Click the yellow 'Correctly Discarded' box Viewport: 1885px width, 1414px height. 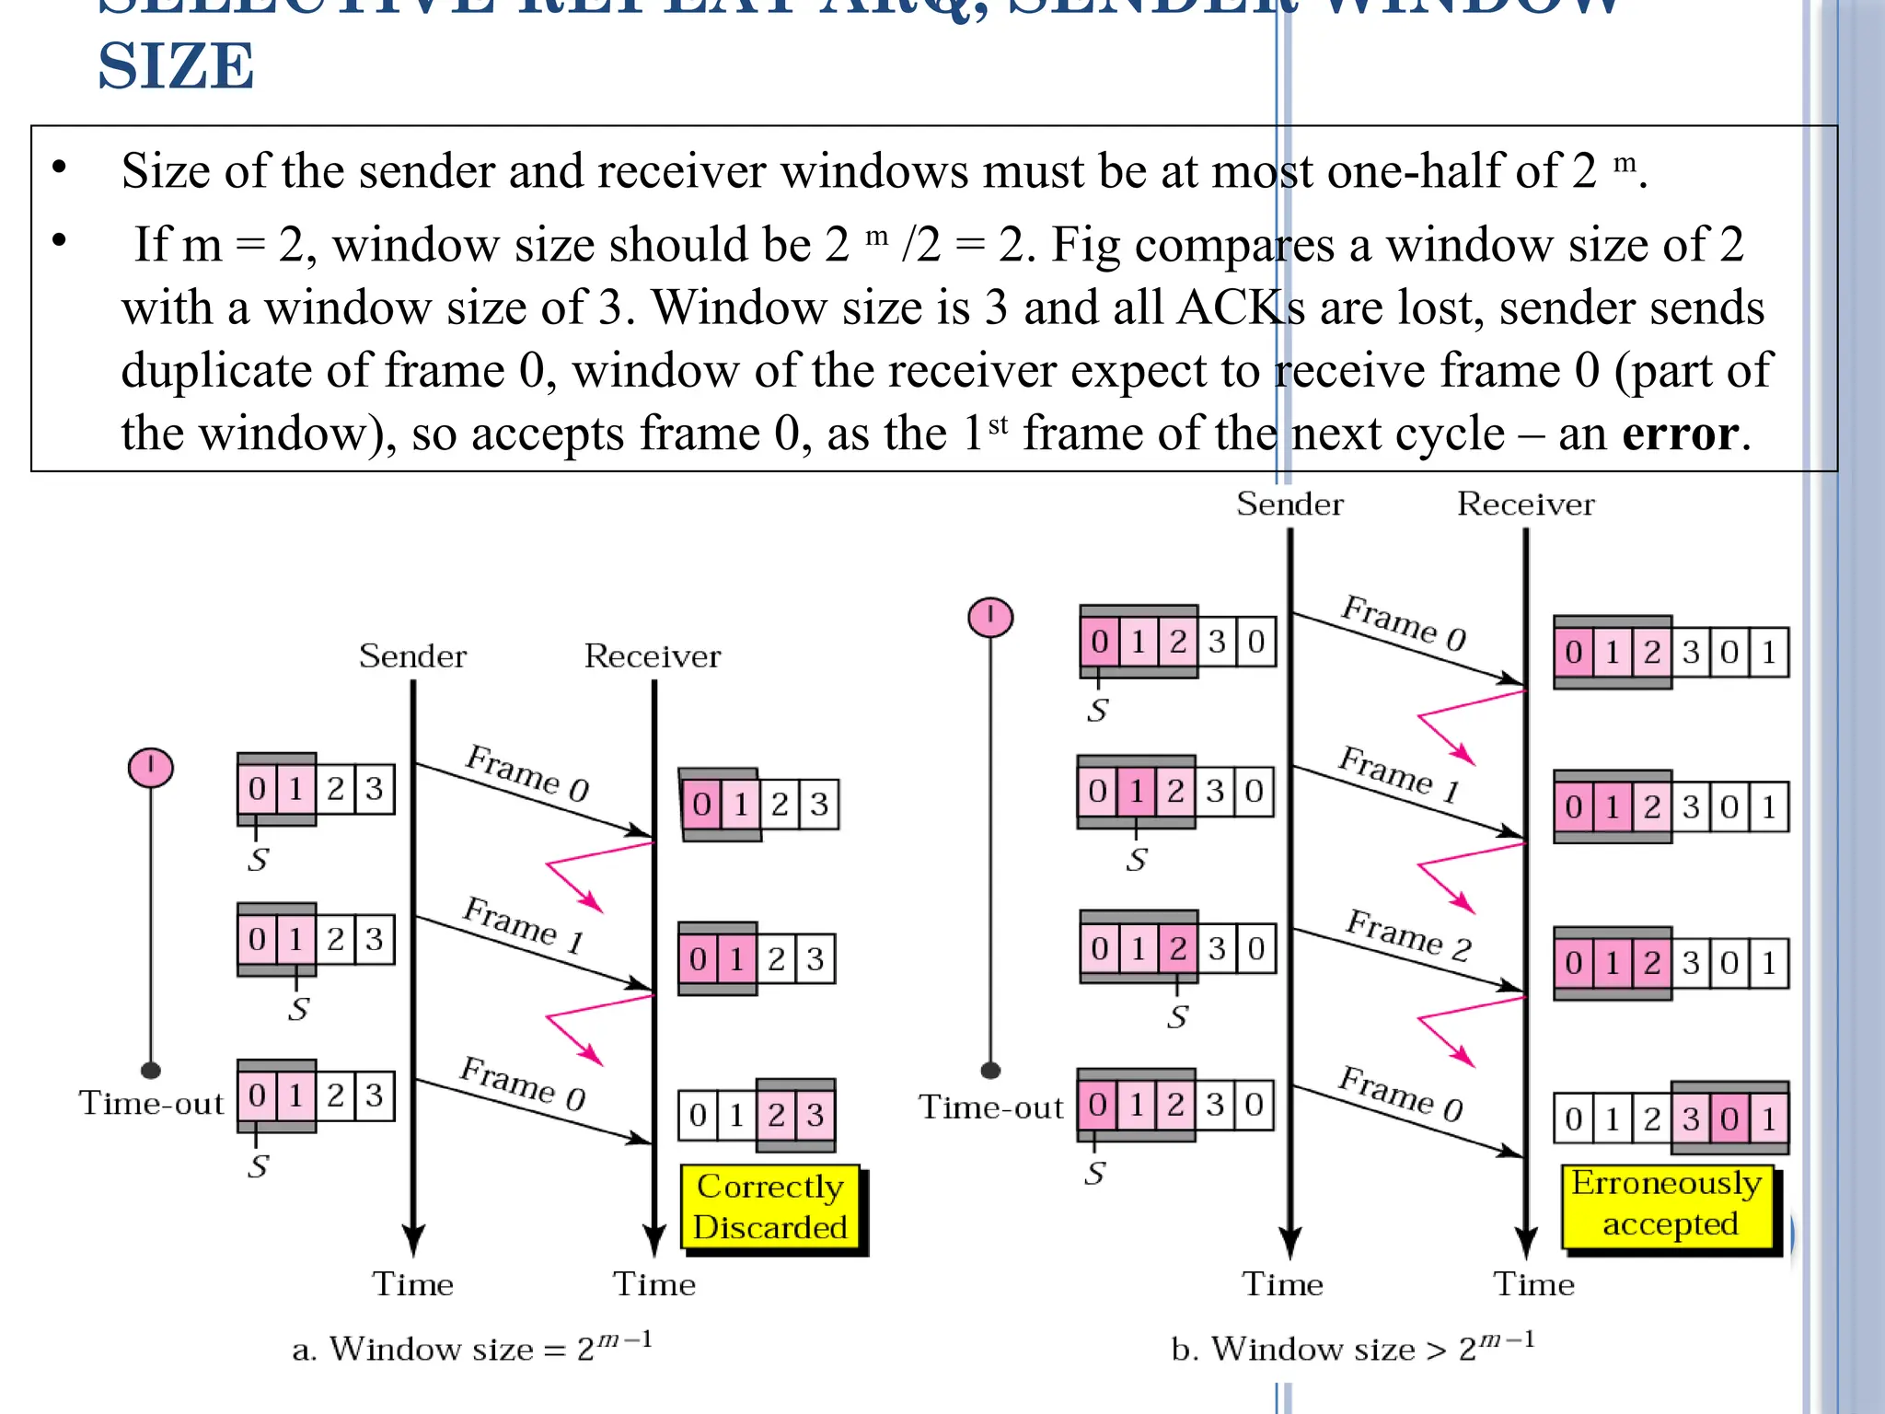pyautogui.click(x=770, y=1207)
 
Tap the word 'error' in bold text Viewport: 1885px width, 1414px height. pyautogui.click(x=1680, y=433)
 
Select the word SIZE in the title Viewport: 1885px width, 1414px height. pyautogui.click(x=176, y=67)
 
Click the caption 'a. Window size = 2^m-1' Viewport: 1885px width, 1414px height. pyautogui.click(x=471, y=1348)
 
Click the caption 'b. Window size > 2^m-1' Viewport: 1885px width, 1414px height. pyautogui.click(x=1352, y=1348)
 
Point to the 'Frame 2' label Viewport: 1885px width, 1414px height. pyautogui.click(x=1407, y=935)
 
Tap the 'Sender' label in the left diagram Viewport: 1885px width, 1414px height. pyautogui.click(x=412, y=656)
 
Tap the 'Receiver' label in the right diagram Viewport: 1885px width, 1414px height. pyautogui.click(x=1525, y=504)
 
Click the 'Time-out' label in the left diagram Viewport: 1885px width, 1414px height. pyautogui.click(x=151, y=1103)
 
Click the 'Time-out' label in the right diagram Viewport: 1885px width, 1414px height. pyautogui.click(x=990, y=1107)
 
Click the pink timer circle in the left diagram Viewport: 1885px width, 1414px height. pyautogui.click(x=151, y=767)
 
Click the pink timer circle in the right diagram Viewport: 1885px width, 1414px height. pyautogui.click(x=990, y=616)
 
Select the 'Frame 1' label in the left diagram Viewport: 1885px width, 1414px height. pyautogui.click(x=524, y=924)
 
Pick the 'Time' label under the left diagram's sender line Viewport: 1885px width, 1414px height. pyautogui.click(x=412, y=1284)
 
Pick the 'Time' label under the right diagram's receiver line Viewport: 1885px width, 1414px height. pyautogui.click(x=1533, y=1284)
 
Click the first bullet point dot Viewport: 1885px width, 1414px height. pyautogui.click(x=60, y=168)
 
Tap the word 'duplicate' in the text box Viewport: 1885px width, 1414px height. pyautogui.click(x=245, y=370)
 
